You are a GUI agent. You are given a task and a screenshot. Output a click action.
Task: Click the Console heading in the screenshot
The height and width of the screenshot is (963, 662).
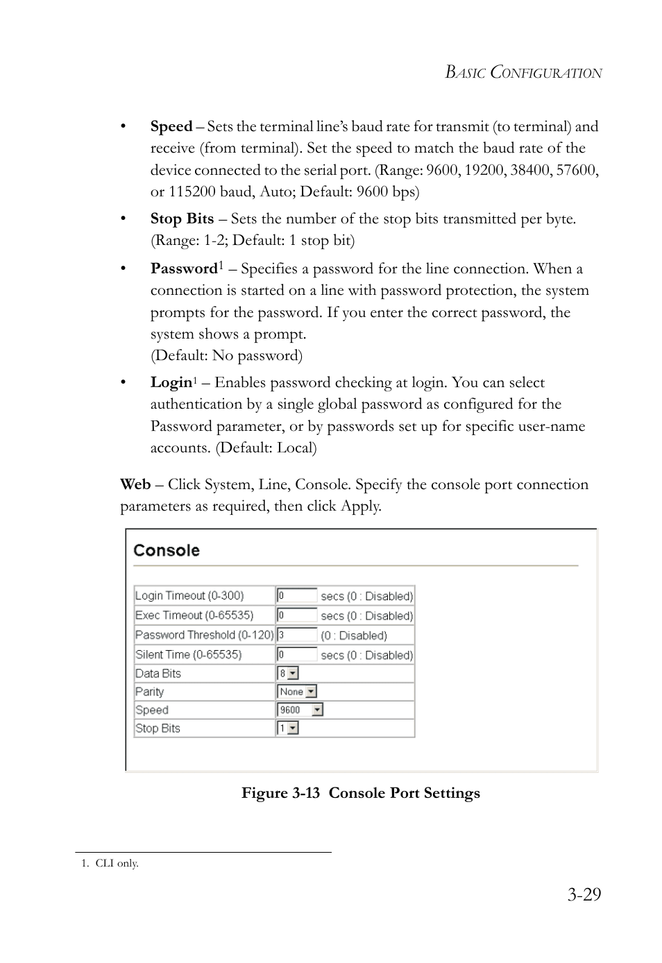tap(167, 551)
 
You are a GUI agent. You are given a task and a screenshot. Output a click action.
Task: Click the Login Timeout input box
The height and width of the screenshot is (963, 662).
tap(297, 595)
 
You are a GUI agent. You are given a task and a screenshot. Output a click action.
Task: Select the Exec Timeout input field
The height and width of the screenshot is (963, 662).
tap(297, 615)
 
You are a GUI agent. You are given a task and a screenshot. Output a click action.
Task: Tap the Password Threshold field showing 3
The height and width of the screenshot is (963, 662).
tap(297, 635)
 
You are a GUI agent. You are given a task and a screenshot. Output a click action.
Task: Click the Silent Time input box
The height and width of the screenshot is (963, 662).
tap(297, 654)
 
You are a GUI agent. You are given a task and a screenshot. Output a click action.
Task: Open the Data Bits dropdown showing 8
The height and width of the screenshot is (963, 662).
tap(288, 673)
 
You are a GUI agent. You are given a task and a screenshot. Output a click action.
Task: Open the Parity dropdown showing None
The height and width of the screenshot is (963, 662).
tap(297, 692)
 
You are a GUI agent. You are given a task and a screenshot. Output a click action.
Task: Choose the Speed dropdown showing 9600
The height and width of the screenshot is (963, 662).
tap(300, 710)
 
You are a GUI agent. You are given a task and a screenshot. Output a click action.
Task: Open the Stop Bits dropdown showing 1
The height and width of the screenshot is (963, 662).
tap(288, 728)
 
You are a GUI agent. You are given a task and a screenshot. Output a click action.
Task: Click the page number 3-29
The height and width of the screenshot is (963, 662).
tap(584, 894)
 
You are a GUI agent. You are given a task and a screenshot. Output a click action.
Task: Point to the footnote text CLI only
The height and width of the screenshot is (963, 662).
tap(117, 864)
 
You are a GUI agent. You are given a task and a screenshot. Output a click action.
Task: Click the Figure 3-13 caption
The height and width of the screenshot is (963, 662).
tap(360, 793)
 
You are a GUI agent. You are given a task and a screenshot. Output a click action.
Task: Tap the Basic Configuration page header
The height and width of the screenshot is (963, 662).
tap(523, 73)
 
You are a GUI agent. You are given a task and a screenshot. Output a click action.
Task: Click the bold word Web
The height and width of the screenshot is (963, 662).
tap(135, 484)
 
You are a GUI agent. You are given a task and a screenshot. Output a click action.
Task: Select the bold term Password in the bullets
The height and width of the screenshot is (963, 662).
tap(184, 269)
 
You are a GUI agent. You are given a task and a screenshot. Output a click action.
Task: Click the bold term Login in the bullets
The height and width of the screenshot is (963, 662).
tap(171, 382)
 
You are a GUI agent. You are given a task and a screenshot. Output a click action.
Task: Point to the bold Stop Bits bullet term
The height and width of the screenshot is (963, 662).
tap(182, 219)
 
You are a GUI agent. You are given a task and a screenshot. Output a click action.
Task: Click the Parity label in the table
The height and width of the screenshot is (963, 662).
tap(150, 692)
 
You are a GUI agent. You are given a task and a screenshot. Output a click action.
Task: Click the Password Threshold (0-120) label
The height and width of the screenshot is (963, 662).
tap(204, 635)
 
